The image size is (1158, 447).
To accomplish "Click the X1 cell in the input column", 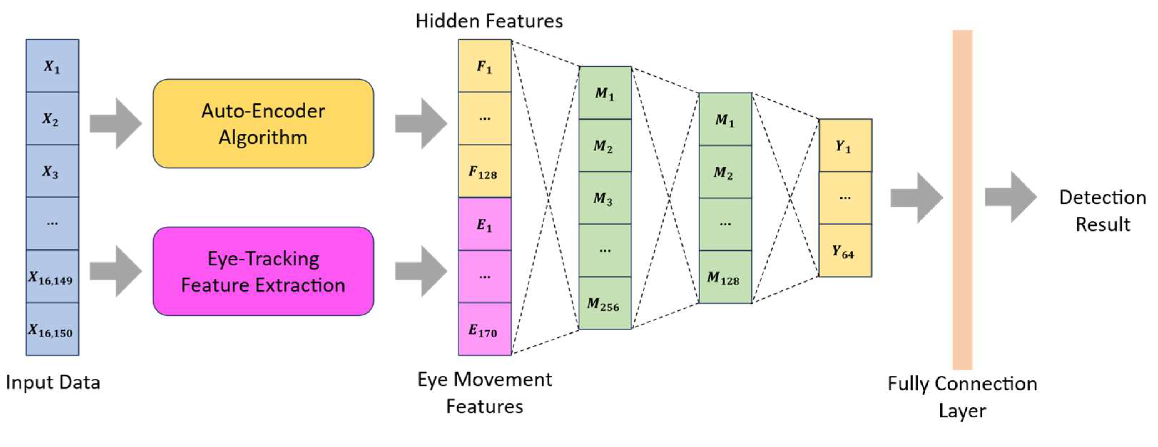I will pos(52,66).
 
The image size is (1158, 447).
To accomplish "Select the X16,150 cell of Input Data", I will pos(52,329).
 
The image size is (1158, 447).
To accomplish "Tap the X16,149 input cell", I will pos(52,276).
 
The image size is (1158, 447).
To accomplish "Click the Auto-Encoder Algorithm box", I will pos(263,124).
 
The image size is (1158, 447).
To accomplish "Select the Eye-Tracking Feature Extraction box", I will pos(263,271).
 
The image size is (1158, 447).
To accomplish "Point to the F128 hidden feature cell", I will pos(484,171).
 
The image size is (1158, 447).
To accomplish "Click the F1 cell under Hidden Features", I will pos(484,66).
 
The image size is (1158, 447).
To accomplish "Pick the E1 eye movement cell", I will pos(484,224).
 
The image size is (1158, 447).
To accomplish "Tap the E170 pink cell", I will pos(484,330).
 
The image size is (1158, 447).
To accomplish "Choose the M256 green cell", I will pos(605,304).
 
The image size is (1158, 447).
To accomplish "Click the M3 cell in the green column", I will pos(605,198).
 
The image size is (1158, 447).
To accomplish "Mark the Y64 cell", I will pos(845,250).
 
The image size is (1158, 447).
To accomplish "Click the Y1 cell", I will pos(845,145).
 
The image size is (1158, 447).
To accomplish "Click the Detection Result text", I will pos(1102,210).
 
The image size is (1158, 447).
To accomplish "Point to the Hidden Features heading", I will pos(489,21).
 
